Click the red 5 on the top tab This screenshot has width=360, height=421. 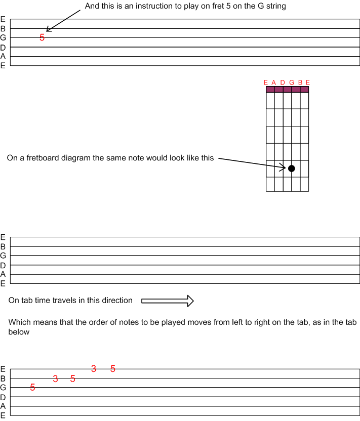pyautogui.click(x=42, y=37)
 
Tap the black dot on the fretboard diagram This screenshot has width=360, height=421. pyautogui.click(x=292, y=169)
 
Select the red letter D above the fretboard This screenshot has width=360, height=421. pyautogui.click(x=283, y=82)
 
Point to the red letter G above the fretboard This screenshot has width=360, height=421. pyautogui.click(x=292, y=82)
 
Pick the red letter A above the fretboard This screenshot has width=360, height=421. pyautogui.click(x=274, y=82)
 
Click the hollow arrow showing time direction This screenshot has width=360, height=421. pyautogui.click(x=168, y=301)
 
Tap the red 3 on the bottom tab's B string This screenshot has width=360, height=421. pyautogui.click(x=55, y=378)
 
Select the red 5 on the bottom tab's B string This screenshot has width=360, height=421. pyautogui.click(x=72, y=378)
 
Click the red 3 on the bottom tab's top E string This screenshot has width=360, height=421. pyautogui.click(x=94, y=369)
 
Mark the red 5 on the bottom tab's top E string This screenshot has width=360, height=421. pyautogui.click(x=113, y=369)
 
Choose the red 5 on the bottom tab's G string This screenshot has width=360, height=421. pyautogui.click(x=32, y=387)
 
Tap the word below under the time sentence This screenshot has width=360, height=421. pyautogui.click(x=19, y=332)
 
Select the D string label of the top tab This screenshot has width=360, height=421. pyautogui.click(x=3, y=48)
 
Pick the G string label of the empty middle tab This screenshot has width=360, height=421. pyautogui.click(x=3, y=256)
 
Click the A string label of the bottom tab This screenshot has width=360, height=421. pyautogui.click(x=3, y=406)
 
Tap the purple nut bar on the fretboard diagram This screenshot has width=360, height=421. pyautogui.click(x=288, y=90)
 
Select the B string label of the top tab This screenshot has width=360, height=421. pyautogui.click(x=3, y=29)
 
